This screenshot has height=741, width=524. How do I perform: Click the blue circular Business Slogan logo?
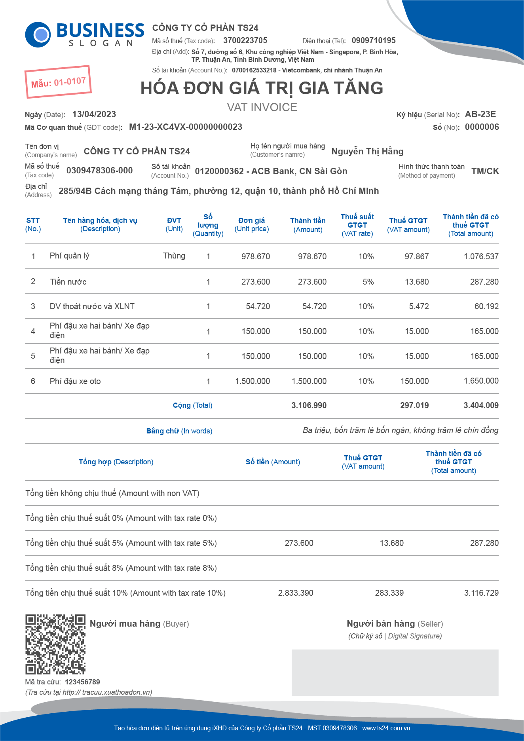[38, 35]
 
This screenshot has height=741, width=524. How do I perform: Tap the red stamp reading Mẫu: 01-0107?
[58, 82]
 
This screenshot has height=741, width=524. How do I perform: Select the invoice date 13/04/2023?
[94, 114]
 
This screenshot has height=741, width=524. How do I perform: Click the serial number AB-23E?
[480, 114]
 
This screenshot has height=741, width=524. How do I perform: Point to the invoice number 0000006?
[482, 127]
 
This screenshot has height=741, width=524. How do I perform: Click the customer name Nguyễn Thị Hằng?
[367, 151]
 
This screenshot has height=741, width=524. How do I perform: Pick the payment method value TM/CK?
[485, 171]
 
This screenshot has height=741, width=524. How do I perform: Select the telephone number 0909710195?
[373, 40]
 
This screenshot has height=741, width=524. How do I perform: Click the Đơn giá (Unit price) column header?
[252, 224]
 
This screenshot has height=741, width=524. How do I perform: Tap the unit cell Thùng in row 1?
[174, 256]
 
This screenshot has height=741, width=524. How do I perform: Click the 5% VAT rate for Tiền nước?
[368, 282]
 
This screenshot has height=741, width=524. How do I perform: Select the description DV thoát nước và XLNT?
[92, 306]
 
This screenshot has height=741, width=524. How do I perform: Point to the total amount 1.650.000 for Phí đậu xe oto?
[481, 381]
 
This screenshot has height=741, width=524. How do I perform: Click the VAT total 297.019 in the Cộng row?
[414, 405]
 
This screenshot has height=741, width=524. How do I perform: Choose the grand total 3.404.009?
[481, 405]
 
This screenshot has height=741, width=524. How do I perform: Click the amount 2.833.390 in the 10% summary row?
[296, 593]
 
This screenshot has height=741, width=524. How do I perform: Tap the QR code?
[55, 644]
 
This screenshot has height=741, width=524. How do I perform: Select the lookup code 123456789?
[82, 682]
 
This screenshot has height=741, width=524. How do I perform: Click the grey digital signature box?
[395, 673]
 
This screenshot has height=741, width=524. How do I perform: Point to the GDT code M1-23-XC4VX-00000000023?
[186, 127]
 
